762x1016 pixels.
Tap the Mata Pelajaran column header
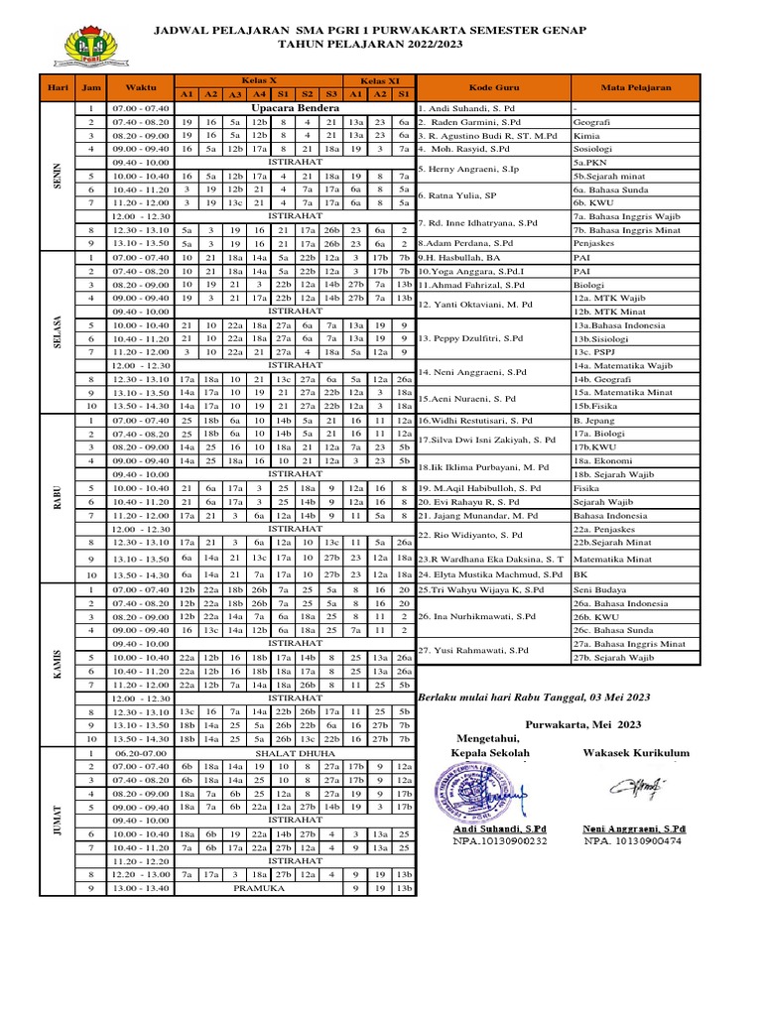[x=636, y=87]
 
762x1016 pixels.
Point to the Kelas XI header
[x=380, y=79]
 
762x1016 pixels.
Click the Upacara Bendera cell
[x=295, y=107]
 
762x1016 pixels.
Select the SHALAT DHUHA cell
[x=295, y=753]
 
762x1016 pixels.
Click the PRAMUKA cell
[x=258, y=888]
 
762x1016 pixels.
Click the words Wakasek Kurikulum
[x=635, y=753]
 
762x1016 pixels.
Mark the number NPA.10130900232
[x=500, y=840]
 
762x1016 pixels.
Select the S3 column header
[x=330, y=94]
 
